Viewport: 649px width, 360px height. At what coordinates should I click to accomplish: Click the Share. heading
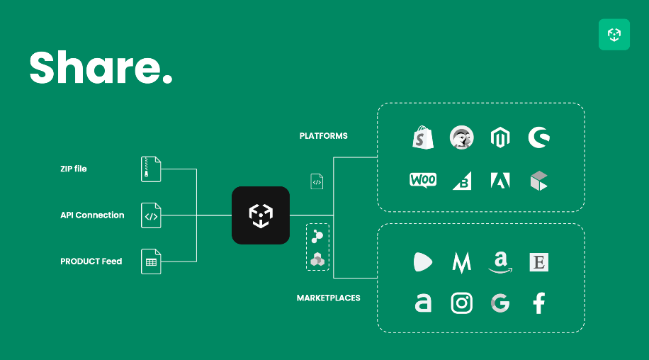click(101, 67)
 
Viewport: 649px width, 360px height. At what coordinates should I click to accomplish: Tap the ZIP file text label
click(74, 169)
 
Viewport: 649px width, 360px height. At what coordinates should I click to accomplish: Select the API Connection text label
click(92, 215)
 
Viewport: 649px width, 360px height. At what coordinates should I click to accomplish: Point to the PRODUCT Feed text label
click(91, 261)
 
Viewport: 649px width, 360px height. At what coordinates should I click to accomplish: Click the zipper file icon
click(151, 169)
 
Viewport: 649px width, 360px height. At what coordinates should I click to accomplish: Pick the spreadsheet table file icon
click(151, 261)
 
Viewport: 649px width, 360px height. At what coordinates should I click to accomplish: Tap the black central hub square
click(261, 215)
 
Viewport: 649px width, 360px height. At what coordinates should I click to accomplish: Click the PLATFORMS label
click(324, 136)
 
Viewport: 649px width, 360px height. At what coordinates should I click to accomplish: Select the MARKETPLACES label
click(329, 298)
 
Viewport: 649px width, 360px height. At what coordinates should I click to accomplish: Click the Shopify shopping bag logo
click(423, 137)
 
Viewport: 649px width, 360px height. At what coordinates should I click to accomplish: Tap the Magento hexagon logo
click(500, 137)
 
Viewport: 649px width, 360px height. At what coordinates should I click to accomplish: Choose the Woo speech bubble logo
click(423, 181)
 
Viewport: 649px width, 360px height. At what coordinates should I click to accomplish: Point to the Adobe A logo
click(500, 181)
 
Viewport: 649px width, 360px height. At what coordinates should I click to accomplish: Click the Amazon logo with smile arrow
click(500, 262)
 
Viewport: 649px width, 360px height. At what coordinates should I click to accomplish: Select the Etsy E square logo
click(539, 262)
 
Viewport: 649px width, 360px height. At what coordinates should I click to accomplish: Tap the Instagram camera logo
click(462, 303)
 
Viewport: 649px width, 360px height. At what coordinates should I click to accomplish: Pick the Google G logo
click(500, 303)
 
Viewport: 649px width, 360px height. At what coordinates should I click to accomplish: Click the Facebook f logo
click(539, 303)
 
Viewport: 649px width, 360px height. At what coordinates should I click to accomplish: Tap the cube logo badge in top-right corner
click(614, 34)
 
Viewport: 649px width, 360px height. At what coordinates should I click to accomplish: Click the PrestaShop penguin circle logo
click(462, 137)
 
